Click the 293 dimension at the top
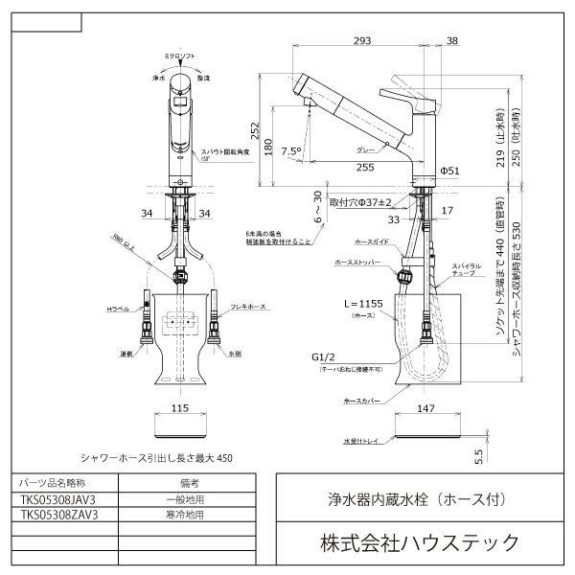361,41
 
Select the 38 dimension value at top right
451,41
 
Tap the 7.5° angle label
292,150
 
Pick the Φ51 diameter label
451,171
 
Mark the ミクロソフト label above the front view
179,57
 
